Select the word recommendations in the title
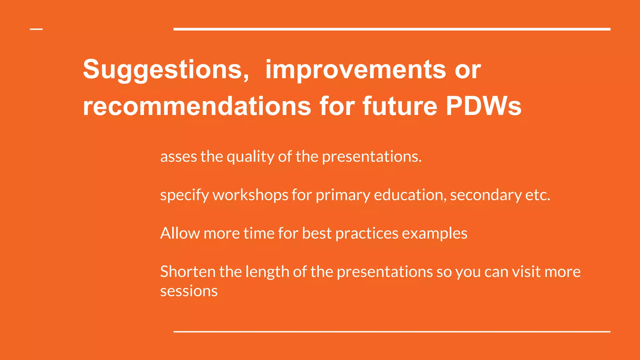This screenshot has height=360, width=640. [197, 106]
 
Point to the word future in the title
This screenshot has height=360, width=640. [400, 106]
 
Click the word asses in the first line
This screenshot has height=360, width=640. [178, 157]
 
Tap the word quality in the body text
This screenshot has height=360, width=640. [250, 157]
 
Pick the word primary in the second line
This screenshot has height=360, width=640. [342, 195]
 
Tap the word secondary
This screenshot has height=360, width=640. [486, 195]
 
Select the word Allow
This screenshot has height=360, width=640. [180, 233]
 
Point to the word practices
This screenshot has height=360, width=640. [367, 233]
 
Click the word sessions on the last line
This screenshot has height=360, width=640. [189, 291]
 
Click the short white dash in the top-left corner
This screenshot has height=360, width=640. [36, 29]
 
